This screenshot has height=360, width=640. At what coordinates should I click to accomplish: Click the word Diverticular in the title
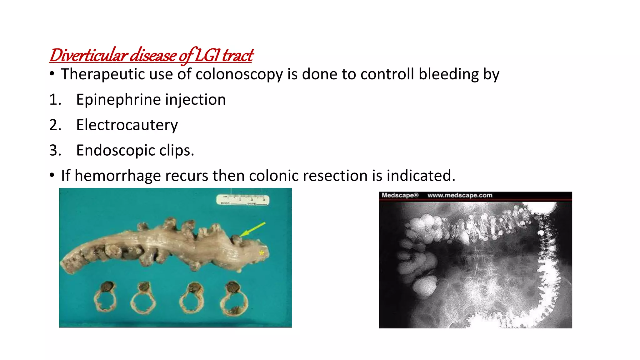[x=88, y=56]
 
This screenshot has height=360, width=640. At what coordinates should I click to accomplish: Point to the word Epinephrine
[x=118, y=100]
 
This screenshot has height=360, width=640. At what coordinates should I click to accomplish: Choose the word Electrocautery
[x=127, y=125]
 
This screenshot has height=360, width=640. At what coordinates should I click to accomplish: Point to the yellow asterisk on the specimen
[x=262, y=253]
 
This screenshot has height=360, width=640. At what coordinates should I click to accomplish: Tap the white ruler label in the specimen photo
[x=243, y=200]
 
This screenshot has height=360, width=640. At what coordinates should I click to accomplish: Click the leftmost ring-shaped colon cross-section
[x=105, y=297]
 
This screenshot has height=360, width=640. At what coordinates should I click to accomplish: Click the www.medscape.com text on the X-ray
[x=460, y=195]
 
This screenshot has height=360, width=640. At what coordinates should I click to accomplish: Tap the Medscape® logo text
[x=400, y=195]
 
